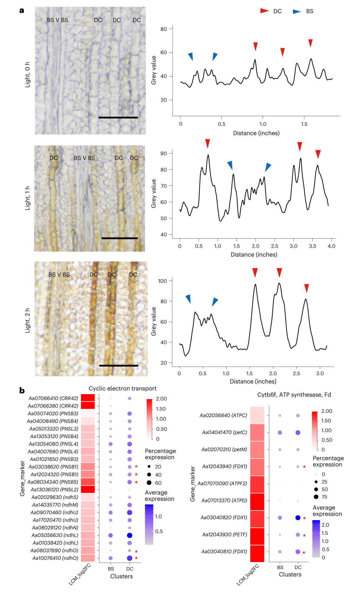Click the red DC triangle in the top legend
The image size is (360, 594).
[264, 11]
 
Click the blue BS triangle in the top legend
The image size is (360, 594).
[297, 12]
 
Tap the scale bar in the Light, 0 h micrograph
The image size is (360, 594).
[118, 118]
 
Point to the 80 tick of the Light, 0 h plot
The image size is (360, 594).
[164, 29]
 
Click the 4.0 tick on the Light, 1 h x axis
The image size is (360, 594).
[332, 246]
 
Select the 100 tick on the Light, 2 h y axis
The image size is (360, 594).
[163, 281]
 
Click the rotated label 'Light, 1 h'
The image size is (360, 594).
[28, 198]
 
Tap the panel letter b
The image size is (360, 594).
[22, 390]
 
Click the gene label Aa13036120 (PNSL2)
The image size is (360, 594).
[55, 489]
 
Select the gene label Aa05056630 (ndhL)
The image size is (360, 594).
[55, 535]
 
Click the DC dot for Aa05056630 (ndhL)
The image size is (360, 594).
[130, 535]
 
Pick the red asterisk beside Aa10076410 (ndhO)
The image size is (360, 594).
[136, 558]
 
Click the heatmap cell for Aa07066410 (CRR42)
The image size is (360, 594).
[88, 398]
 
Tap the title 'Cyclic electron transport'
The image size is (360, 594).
[122, 389]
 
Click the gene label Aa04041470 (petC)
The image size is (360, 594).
[224, 432]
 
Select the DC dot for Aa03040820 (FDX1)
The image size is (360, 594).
[298, 518]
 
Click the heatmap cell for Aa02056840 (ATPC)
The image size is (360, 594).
[257, 415]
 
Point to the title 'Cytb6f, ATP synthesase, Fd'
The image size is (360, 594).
[294, 395]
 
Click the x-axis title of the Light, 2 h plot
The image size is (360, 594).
[253, 381]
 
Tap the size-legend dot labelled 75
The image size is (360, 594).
[316, 497]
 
